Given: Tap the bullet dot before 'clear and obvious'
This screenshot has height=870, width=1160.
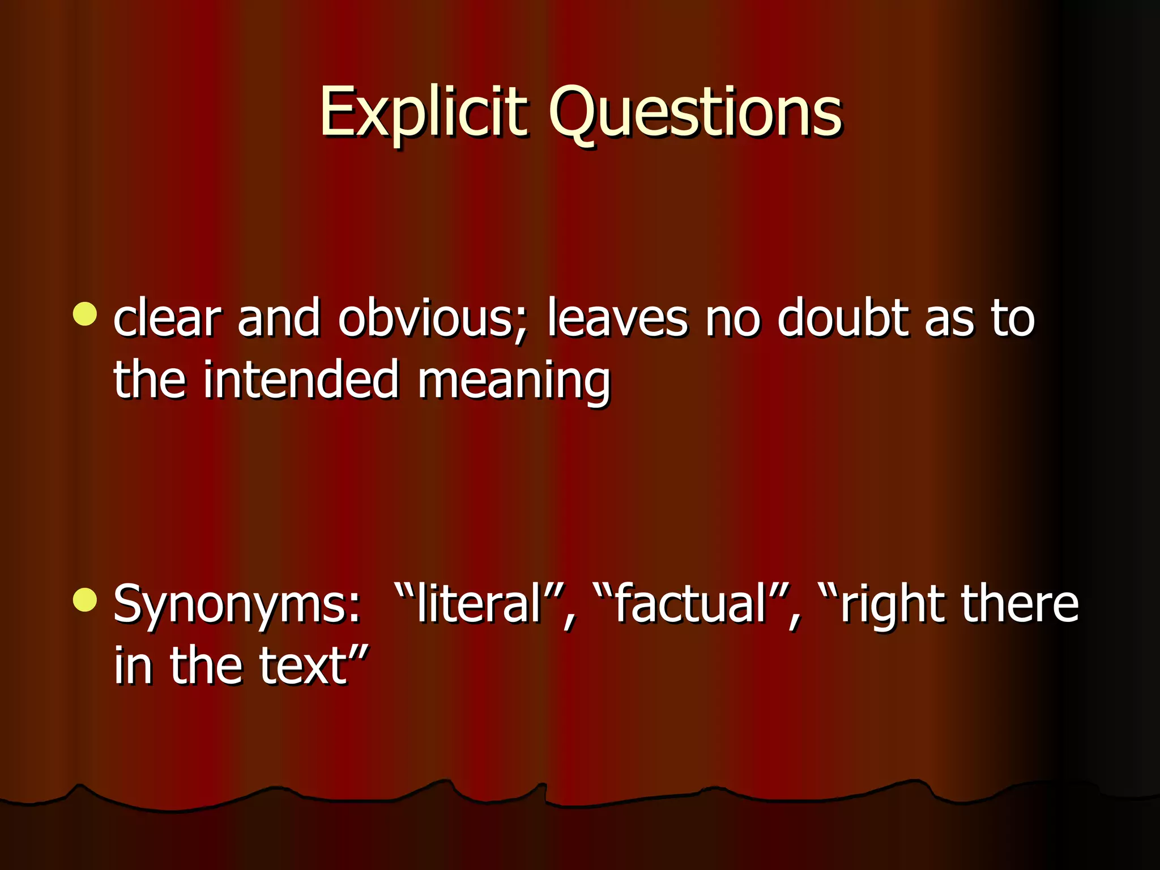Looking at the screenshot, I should pos(86,314).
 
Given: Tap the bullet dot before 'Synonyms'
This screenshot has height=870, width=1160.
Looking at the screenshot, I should pos(86,600).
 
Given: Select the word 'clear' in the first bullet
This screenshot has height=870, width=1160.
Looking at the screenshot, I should pos(167,319).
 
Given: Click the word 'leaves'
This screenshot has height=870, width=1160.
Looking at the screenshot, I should pos(617,319).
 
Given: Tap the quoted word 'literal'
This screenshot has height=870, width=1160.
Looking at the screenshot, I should pos(479,604).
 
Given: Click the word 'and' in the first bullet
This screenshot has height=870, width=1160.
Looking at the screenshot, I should pos(279,319).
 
